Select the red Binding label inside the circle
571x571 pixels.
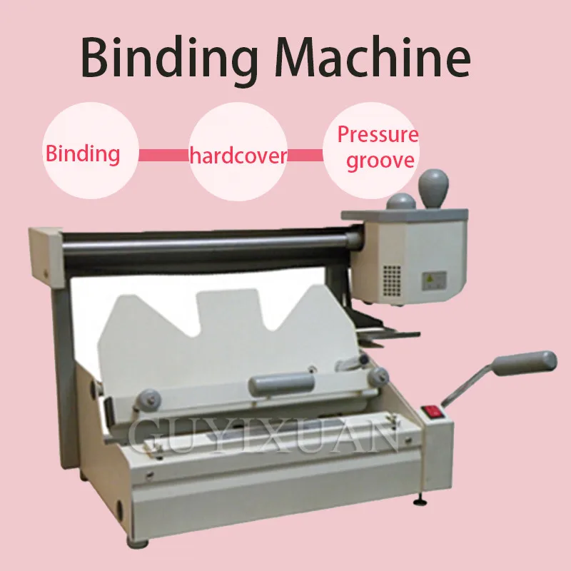click(83, 153)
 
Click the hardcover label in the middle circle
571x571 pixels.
click(238, 156)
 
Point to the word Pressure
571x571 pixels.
click(378, 134)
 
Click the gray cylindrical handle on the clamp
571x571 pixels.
click(281, 384)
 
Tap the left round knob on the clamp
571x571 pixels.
click(149, 395)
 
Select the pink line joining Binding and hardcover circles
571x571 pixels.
click(163, 153)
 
